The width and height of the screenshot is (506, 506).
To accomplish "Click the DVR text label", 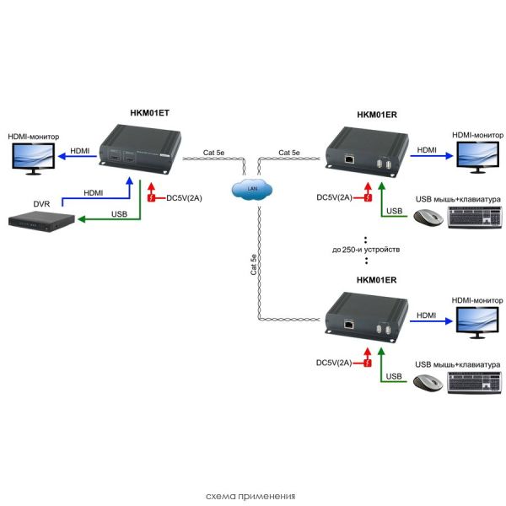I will click(x=42, y=203).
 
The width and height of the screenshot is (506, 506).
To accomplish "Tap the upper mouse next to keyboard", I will click(x=426, y=218).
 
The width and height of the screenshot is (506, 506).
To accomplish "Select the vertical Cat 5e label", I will click(x=253, y=266).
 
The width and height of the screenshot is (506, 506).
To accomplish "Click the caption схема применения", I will click(x=252, y=496).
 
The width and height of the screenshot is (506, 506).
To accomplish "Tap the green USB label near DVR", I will click(x=121, y=213).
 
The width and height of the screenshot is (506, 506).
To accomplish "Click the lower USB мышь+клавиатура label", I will click(x=458, y=363).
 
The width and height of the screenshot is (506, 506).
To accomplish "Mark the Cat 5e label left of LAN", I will click(x=214, y=153).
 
